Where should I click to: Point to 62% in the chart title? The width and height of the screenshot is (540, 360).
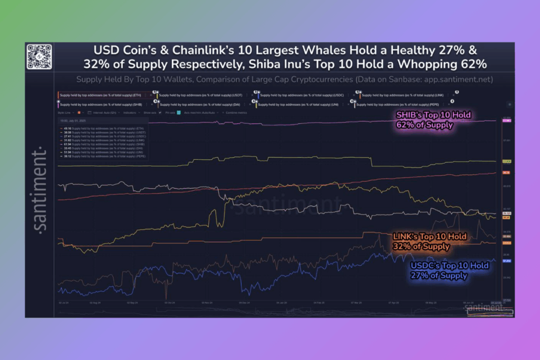point(472,64)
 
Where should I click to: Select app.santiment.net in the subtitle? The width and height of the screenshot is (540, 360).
point(448,80)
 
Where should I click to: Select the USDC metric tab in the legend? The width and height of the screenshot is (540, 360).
point(301,95)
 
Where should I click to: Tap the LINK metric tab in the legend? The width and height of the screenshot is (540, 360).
point(400,95)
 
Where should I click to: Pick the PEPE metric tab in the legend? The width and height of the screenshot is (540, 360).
point(400,104)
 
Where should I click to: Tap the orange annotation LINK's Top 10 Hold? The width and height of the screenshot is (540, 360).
point(430,237)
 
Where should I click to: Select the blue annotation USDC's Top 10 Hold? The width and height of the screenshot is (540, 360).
point(449,266)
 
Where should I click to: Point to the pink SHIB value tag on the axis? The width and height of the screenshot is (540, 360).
point(506,121)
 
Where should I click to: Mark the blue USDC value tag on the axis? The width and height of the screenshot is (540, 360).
point(506,261)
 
